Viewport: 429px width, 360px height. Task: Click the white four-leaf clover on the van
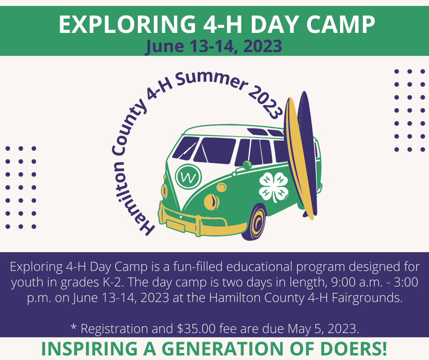[x=274, y=186]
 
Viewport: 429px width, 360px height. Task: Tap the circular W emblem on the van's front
[x=188, y=176]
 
